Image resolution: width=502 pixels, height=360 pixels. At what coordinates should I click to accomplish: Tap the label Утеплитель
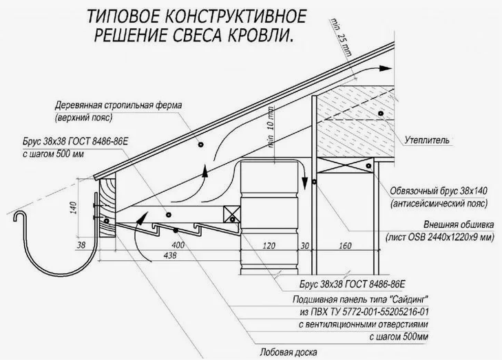point(426,141)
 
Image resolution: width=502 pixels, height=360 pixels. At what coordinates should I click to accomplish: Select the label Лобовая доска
point(287,350)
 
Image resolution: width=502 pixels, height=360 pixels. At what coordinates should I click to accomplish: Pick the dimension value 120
point(269,245)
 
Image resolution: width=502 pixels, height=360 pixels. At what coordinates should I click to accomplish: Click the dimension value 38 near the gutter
point(81,245)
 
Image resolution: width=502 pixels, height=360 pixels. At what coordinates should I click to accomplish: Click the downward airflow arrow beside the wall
point(303,180)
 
